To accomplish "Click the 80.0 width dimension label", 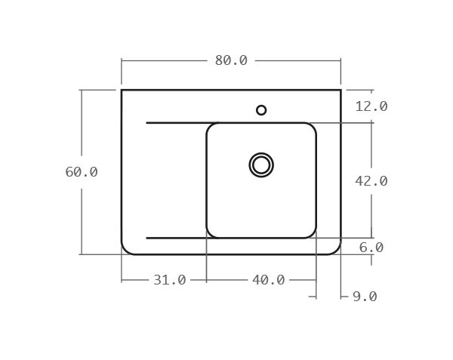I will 231,61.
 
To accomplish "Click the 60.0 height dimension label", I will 82,172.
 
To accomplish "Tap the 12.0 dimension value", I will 371,106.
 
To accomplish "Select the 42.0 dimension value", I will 371,181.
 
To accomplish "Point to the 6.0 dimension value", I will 371,248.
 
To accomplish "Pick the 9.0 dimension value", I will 365,297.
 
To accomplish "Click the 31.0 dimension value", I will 170,280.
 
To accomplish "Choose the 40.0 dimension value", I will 268,280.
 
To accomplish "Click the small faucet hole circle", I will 261,110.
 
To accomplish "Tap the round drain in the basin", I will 261,165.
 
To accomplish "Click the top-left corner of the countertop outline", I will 122,90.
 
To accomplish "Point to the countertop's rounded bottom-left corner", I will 125,251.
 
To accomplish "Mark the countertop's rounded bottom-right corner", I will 337,251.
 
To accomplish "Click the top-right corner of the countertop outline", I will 341,90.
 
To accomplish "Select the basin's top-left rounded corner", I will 210,126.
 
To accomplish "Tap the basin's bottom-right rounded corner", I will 313,235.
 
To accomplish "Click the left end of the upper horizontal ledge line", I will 146,122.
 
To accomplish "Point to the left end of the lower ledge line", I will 146,238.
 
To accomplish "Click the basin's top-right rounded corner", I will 313,126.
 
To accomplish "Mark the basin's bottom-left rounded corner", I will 210,235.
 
